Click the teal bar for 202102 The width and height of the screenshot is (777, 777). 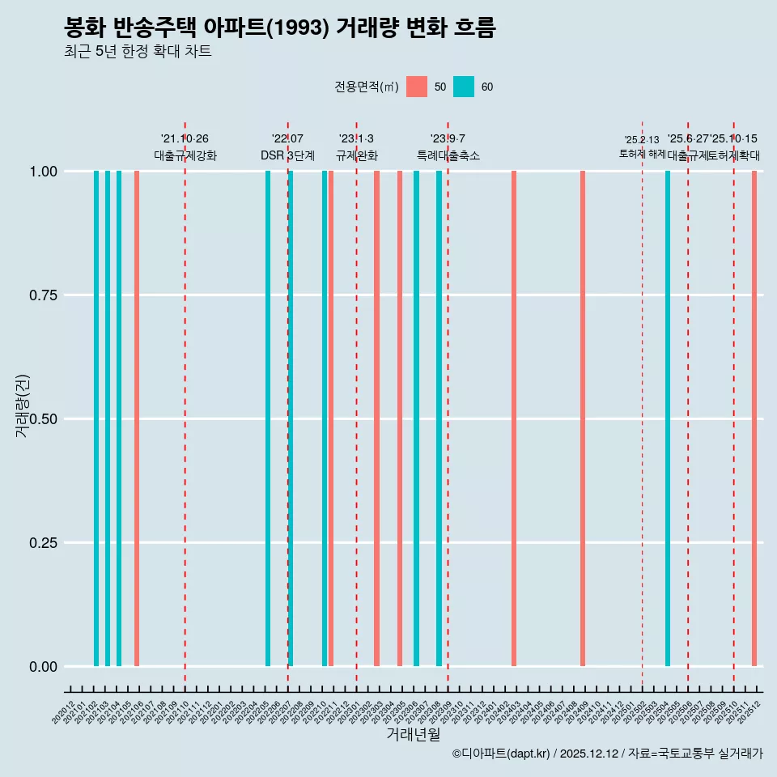click(96, 418)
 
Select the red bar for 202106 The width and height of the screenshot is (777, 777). click(137, 418)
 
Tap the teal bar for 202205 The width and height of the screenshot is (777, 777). click(268, 418)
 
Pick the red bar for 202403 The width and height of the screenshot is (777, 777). click(514, 418)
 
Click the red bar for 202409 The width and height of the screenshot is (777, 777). click(583, 418)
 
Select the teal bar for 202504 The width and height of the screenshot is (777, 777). click(668, 418)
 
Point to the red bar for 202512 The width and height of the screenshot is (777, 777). click(754, 418)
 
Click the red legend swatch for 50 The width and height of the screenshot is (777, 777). click(417, 87)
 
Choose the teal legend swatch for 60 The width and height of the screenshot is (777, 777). click(464, 87)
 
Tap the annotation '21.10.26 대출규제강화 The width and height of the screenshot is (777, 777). click(185, 147)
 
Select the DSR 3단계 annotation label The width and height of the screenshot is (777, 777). click(287, 155)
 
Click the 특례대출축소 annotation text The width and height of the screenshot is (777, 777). click(448, 155)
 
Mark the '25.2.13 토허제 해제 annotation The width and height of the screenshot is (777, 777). click(642, 146)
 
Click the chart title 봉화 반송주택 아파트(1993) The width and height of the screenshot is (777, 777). click(279, 28)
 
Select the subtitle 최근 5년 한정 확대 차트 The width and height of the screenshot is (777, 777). click(138, 52)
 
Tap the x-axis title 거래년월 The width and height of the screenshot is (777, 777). click(413, 734)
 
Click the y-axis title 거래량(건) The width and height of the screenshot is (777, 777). click(23, 405)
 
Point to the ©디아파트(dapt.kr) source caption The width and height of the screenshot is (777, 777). click(607, 754)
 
